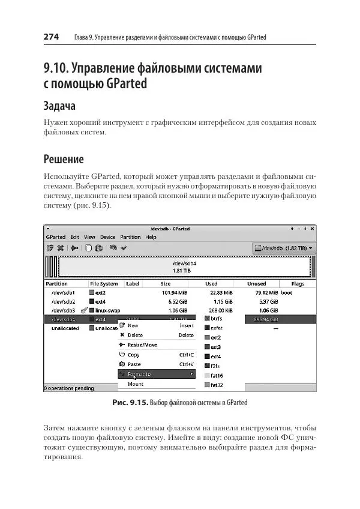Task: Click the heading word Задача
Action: [60, 106]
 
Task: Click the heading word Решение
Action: [64, 160]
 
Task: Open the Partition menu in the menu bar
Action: [130, 237]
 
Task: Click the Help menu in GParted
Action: [151, 237]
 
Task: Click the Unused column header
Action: [256, 284]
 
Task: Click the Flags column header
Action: [298, 284]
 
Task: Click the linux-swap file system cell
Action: [108, 310]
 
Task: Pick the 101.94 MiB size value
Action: [175, 292]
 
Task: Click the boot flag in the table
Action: [286, 292]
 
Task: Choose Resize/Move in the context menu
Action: [142, 345]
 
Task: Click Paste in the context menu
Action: [134, 364]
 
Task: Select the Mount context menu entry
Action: [136, 384]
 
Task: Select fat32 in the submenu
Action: [217, 385]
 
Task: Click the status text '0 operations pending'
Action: [70, 388]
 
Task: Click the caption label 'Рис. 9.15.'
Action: [131, 402]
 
